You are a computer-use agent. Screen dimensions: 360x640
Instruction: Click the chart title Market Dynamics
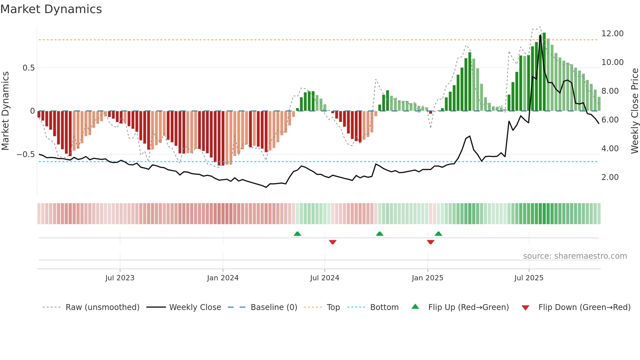(x=51, y=9)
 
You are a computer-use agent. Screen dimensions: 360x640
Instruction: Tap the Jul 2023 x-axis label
(x=120, y=278)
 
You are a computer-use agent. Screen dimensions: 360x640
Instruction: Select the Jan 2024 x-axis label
(x=223, y=278)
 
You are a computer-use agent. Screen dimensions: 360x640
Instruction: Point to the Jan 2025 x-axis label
(x=427, y=278)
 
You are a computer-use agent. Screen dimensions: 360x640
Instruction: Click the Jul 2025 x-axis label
(x=529, y=278)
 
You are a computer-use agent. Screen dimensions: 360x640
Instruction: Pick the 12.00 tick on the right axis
(x=612, y=34)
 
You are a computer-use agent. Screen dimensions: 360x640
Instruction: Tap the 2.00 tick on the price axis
(x=610, y=177)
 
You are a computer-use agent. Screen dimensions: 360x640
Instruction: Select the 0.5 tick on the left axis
(x=28, y=68)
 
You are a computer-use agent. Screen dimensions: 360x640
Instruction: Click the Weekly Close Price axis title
(x=634, y=111)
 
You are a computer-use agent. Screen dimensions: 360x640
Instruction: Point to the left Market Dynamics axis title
(x=5, y=111)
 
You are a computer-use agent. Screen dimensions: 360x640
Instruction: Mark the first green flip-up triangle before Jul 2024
(x=297, y=234)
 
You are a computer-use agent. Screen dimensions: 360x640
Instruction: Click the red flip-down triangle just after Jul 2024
(x=332, y=242)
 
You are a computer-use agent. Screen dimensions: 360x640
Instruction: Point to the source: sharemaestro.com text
(x=575, y=256)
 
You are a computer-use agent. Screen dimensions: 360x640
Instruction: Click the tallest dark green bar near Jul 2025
(x=544, y=72)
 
